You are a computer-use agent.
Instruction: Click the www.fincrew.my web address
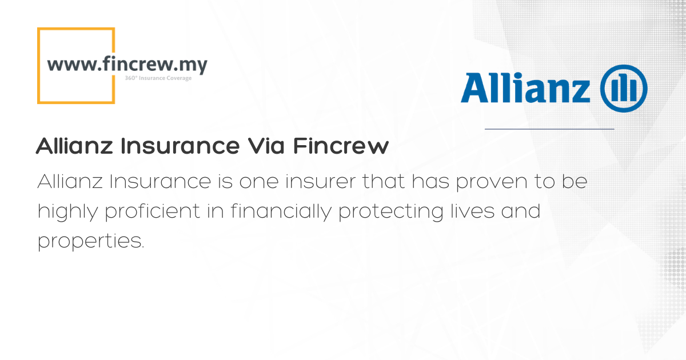[x=127, y=65]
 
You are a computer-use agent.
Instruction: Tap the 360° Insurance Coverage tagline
[x=158, y=78]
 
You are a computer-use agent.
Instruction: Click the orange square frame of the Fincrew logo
[x=38, y=66]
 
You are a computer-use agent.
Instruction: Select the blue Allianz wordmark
[x=525, y=88]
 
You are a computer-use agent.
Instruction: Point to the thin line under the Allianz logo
[x=549, y=129]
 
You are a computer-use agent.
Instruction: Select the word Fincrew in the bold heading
[x=341, y=146]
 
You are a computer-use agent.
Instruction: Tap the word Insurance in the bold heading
[x=180, y=146]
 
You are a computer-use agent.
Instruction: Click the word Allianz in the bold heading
[x=74, y=146]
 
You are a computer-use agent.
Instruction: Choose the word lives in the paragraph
[x=473, y=211]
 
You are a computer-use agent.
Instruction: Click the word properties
[x=91, y=242]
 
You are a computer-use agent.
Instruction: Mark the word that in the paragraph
[x=384, y=181]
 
